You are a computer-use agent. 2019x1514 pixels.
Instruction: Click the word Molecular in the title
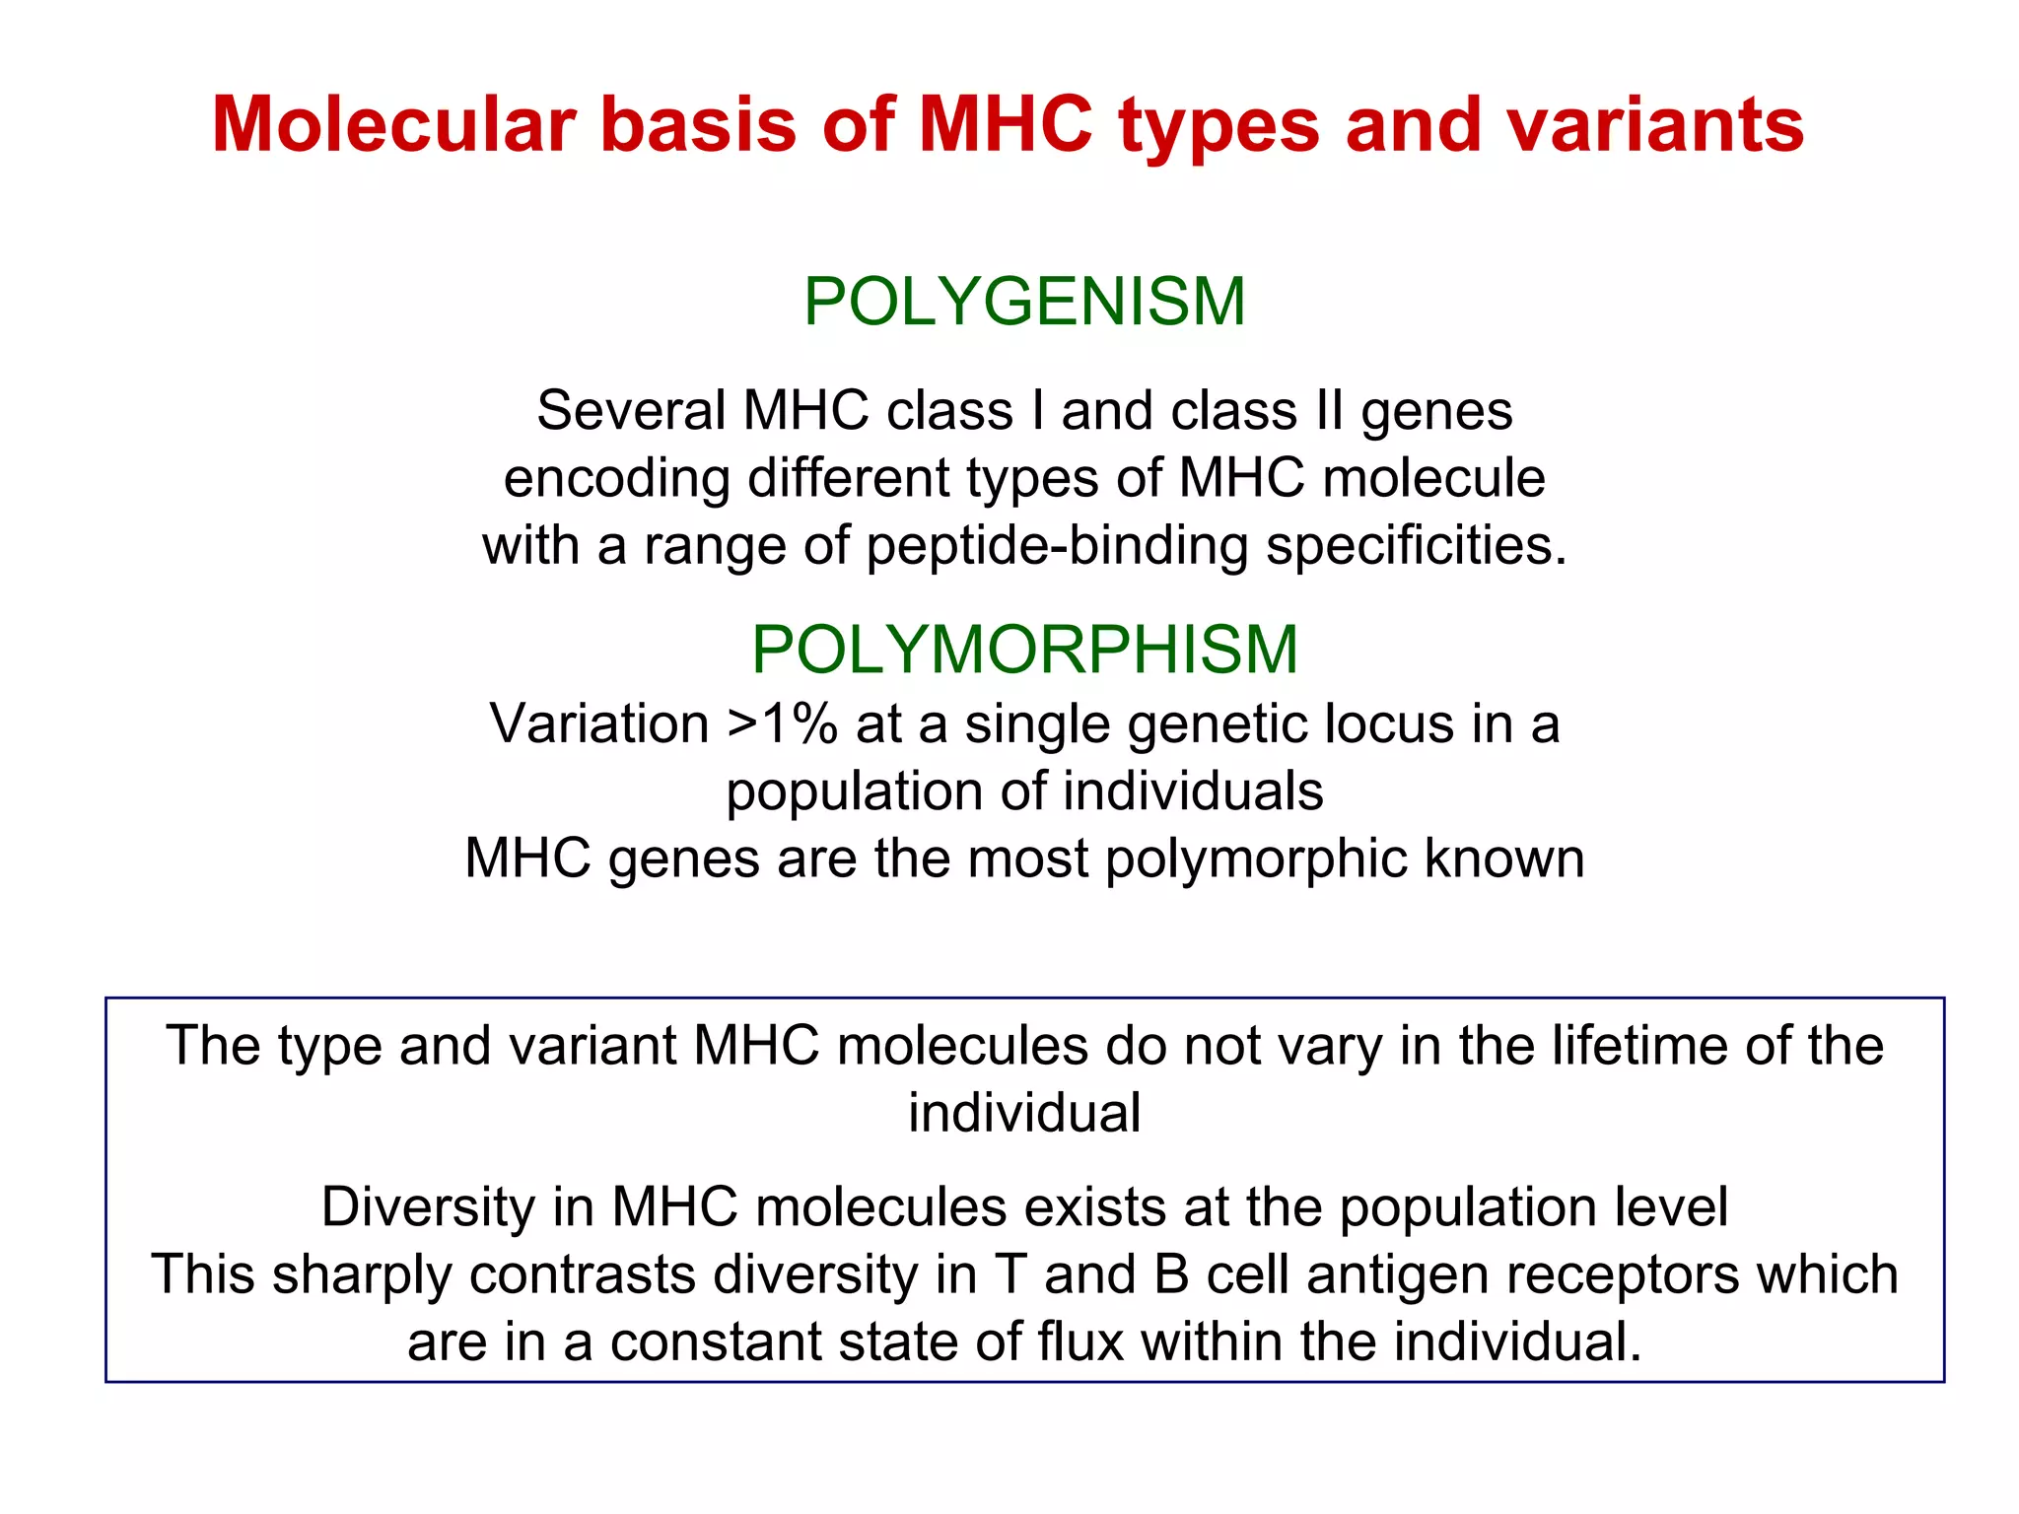(x=393, y=125)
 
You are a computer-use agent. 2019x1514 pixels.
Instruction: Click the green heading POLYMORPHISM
(x=1024, y=650)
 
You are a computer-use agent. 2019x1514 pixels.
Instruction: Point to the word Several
(x=631, y=410)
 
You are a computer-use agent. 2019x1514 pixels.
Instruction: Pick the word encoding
(x=616, y=478)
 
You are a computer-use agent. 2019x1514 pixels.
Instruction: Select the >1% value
(x=782, y=724)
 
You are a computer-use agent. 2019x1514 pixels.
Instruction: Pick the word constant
(x=721, y=1342)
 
